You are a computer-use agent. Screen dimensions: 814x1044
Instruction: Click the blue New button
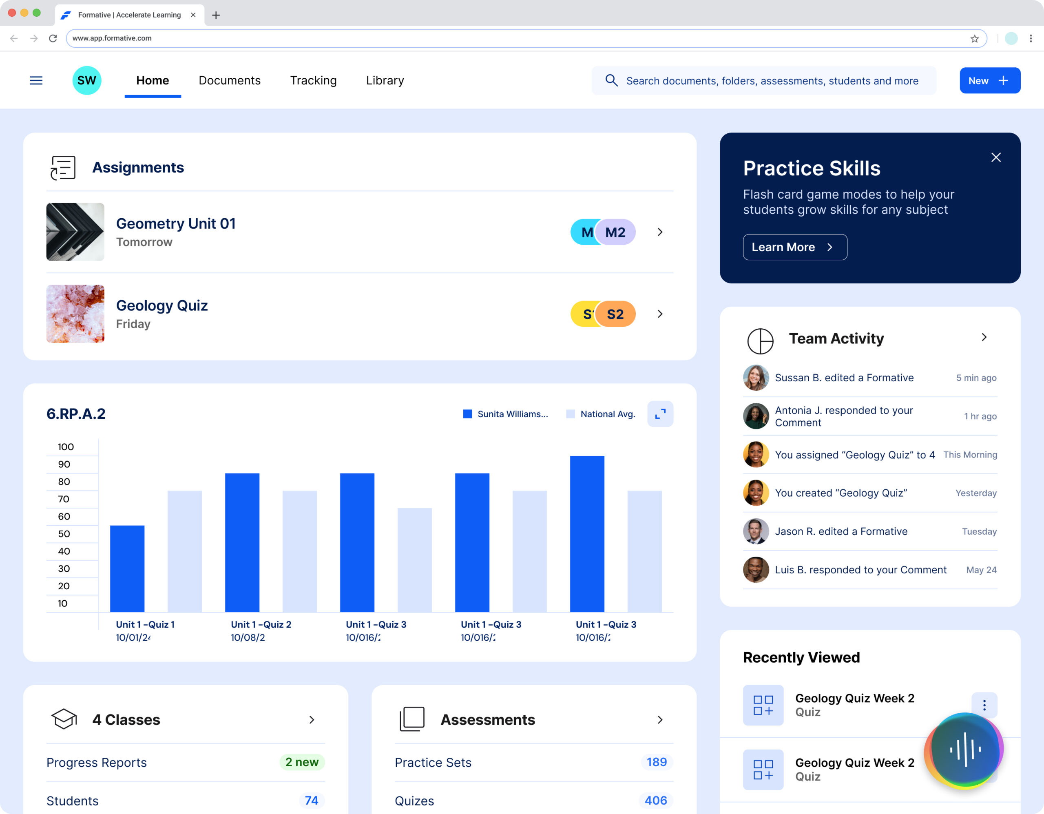click(x=989, y=80)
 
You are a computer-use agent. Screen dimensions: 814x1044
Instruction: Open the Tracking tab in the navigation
click(x=313, y=80)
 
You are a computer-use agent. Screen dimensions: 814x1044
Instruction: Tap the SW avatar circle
click(x=86, y=80)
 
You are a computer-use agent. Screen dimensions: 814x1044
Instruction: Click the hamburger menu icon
click(x=36, y=80)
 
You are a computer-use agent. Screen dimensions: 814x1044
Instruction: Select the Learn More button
click(x=794, y=247)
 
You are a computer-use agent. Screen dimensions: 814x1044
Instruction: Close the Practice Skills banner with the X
click(x=996, y=158)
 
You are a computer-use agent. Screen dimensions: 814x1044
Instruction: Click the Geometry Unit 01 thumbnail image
click(x=75, y=232)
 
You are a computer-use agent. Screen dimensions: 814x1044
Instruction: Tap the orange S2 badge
click(x=616, y=314)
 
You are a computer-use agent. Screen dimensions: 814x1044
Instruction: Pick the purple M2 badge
click(x=616, y=232)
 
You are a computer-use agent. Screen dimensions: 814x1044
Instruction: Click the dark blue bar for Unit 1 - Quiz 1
click(x=127, y=568)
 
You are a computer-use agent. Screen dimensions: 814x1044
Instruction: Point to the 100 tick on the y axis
click(x=66, y=447)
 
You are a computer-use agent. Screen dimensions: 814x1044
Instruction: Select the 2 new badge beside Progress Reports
click(x=302, y=762)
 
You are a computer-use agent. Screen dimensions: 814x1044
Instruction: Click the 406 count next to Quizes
click(x=655, y=800)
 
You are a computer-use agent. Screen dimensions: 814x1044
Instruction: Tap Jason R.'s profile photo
click(x=756, y=531)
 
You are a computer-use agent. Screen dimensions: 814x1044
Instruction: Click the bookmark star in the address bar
click(x=975, y=39)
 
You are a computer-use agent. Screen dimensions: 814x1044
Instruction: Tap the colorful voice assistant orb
click(x=964, y=750)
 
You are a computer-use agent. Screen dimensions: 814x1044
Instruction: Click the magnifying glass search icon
click(x=611, y=80)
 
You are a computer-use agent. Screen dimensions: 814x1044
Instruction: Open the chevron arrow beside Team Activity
click(x=984, y=337)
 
